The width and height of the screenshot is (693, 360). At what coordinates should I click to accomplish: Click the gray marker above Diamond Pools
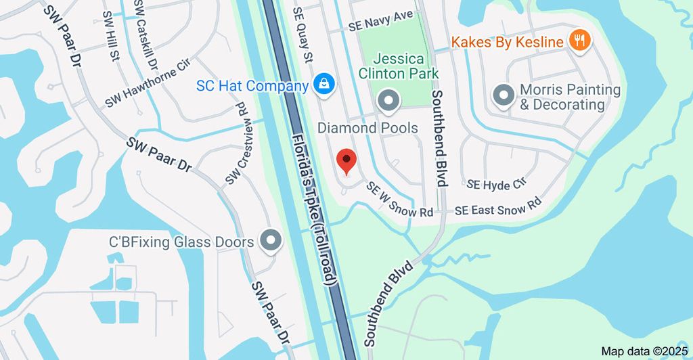click(388, 102)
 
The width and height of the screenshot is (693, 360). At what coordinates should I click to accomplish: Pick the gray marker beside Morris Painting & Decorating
click(504, 95)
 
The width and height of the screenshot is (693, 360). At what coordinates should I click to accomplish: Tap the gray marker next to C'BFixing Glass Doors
click(271, 241)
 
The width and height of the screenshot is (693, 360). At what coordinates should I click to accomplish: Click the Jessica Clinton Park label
click(399, 66)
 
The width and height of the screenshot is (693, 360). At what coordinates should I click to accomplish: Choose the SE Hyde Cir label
click(496, 183)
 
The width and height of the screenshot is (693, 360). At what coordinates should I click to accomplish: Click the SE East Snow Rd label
click(498, 209)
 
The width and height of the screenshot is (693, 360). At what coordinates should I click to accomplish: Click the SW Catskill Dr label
click(145, 34)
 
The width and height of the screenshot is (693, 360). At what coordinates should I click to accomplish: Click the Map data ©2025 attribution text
click(644, 352)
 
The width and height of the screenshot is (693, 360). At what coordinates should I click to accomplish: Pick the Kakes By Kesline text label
click(508, 42)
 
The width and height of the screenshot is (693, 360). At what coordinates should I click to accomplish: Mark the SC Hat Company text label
click(253, 86)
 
